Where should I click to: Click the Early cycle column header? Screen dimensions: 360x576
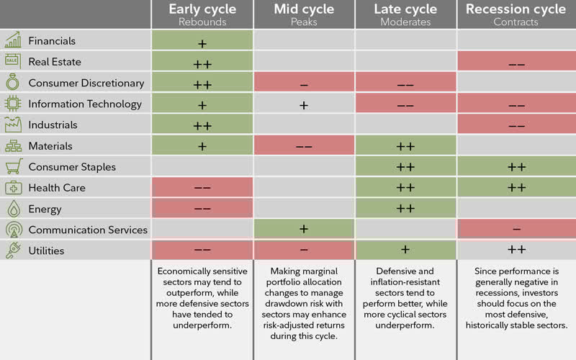tap(202, 9)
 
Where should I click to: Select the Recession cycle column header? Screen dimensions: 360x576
tap(516, 9)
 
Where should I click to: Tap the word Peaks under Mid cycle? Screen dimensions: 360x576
tap(304, 22)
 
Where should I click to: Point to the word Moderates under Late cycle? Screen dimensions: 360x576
tap(405, 22)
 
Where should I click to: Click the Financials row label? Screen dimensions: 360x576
tap(52, 41)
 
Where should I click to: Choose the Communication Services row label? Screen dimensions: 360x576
tap(88, 230)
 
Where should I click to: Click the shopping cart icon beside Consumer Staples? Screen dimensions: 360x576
tap(13, 167)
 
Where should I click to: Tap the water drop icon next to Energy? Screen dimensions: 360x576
tap(13, 209)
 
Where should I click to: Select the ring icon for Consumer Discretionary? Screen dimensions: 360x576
tap(13, 83)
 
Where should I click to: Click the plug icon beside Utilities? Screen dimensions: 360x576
tap(13, 251)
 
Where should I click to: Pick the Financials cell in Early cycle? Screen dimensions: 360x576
tap(202, 42)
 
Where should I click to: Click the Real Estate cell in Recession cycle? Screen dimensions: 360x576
tap(516, 63)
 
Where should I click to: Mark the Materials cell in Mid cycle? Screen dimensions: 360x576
tap(304, 146)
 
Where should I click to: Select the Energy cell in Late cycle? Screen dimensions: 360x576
tap(405, 209)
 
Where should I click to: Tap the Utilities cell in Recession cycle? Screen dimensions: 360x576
tap(516, 251)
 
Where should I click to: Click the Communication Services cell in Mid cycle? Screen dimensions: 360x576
tap(304, 230)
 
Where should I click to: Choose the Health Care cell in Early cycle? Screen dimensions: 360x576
tap(202, 188)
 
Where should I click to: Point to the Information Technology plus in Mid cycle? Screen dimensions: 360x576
tap(304, 104)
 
